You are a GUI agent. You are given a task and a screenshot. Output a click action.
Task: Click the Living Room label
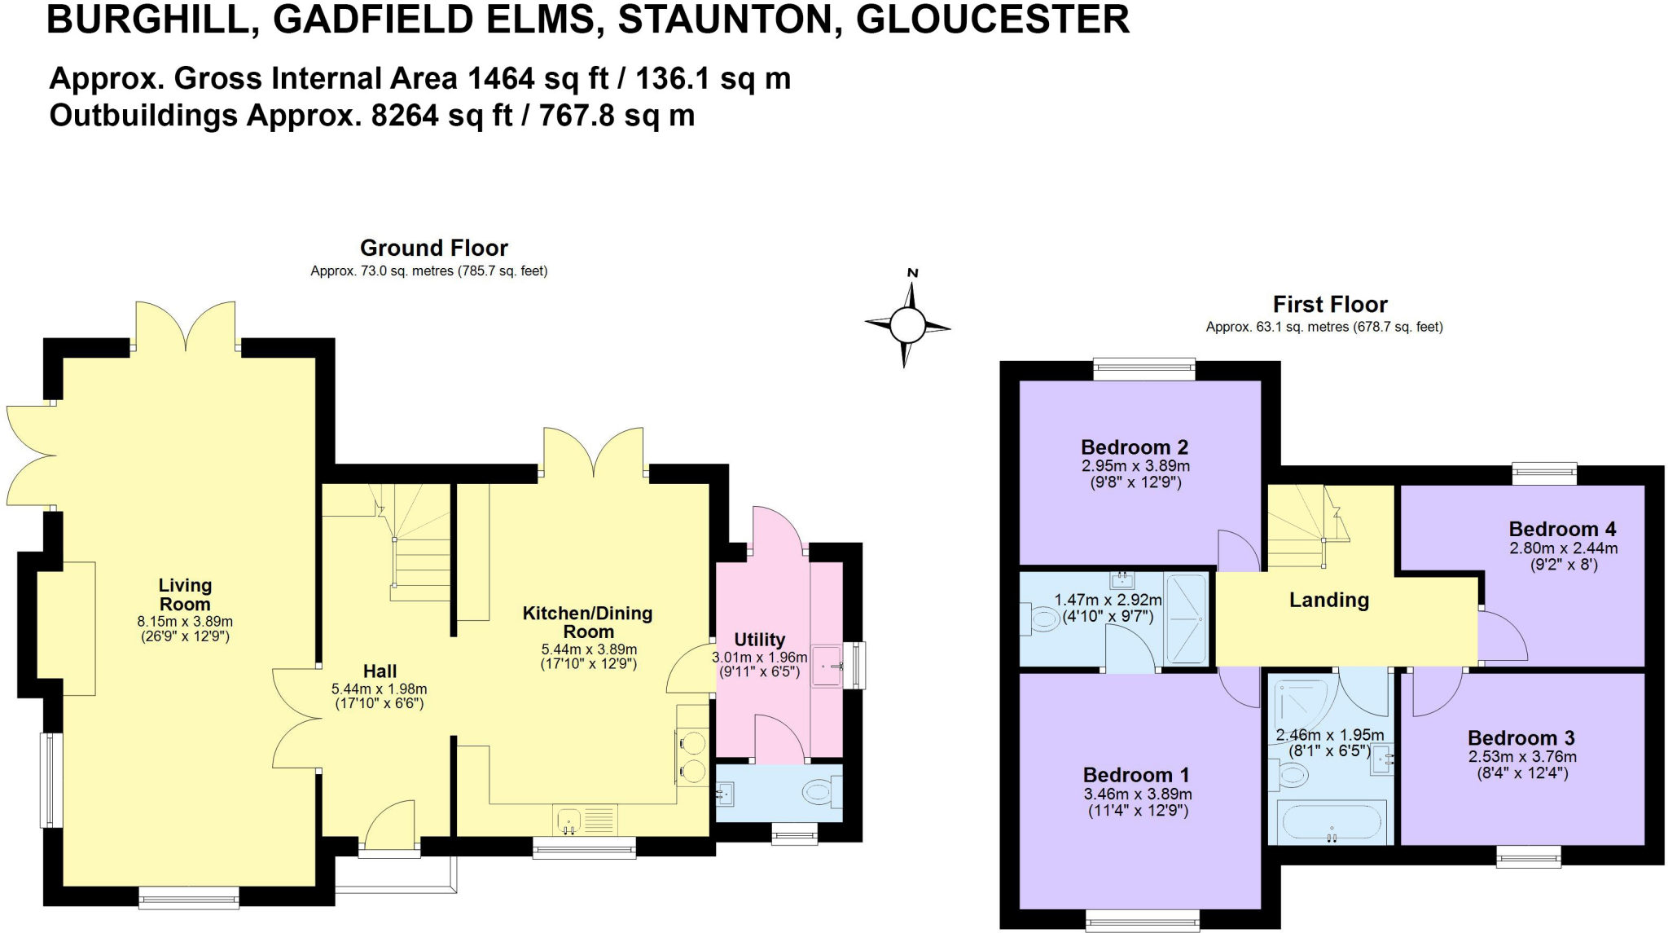(185, 595)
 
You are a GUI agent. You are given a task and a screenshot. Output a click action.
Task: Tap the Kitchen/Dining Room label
(587, 622)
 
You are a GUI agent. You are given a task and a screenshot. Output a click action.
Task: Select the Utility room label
(759, 640)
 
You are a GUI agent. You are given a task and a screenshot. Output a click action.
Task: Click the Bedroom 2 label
(1134, 447)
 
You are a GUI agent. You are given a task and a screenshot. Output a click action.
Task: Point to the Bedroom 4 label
(1562, 529)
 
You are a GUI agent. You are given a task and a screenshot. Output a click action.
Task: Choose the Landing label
(1328, 601)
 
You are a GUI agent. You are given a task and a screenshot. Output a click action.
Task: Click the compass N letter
(912, 273)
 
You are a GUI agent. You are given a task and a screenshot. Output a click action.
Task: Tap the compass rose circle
(906, 326)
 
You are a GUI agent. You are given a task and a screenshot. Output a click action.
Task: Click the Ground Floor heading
(433, 248)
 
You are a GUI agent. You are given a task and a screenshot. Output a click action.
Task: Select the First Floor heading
(1329, 305)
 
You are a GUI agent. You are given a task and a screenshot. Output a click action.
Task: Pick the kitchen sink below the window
(568, 819)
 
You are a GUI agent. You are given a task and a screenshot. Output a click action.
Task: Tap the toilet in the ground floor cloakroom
(819, 791)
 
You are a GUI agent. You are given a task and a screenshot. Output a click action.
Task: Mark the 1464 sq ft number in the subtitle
(500, 79)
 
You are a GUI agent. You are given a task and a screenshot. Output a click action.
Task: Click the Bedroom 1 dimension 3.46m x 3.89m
(1137, 794)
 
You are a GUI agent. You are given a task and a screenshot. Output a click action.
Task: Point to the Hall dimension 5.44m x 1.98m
(379, 689)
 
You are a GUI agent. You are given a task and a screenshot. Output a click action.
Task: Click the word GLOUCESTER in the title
(992, 20)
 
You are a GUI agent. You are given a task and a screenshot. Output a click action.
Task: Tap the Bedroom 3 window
(1528, 856)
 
